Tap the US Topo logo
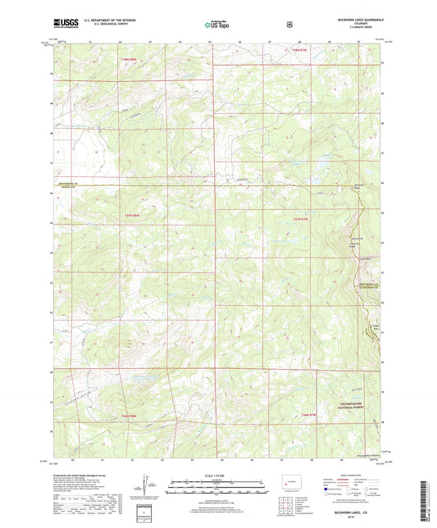pos(217,25)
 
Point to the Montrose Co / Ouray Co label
pos(72,184)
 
